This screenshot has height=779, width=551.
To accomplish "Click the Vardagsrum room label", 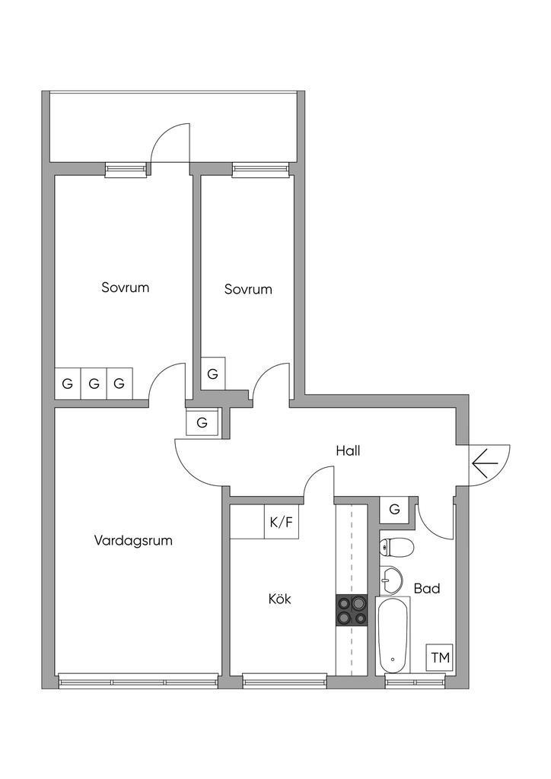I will coord(133,541).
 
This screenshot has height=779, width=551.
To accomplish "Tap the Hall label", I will coord(348,450).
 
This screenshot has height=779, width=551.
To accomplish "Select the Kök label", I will coord(279,599).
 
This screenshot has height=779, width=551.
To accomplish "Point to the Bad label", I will coord(426,588).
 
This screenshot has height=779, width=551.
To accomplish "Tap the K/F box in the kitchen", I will coord(281,523).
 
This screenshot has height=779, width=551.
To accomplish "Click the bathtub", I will coord(393,634).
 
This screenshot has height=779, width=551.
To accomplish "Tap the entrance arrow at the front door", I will coord(485,462).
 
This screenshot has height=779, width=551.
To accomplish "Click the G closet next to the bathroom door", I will coord(394,509).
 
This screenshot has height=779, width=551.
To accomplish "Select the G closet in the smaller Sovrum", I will coord(212,374).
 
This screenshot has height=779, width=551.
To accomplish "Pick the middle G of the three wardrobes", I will coord(94,383).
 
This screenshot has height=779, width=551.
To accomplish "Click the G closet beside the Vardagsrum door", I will coord(202,422).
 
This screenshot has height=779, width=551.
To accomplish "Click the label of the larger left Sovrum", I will coord(125,288).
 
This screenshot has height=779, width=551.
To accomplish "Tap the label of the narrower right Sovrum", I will coord(248,289).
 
